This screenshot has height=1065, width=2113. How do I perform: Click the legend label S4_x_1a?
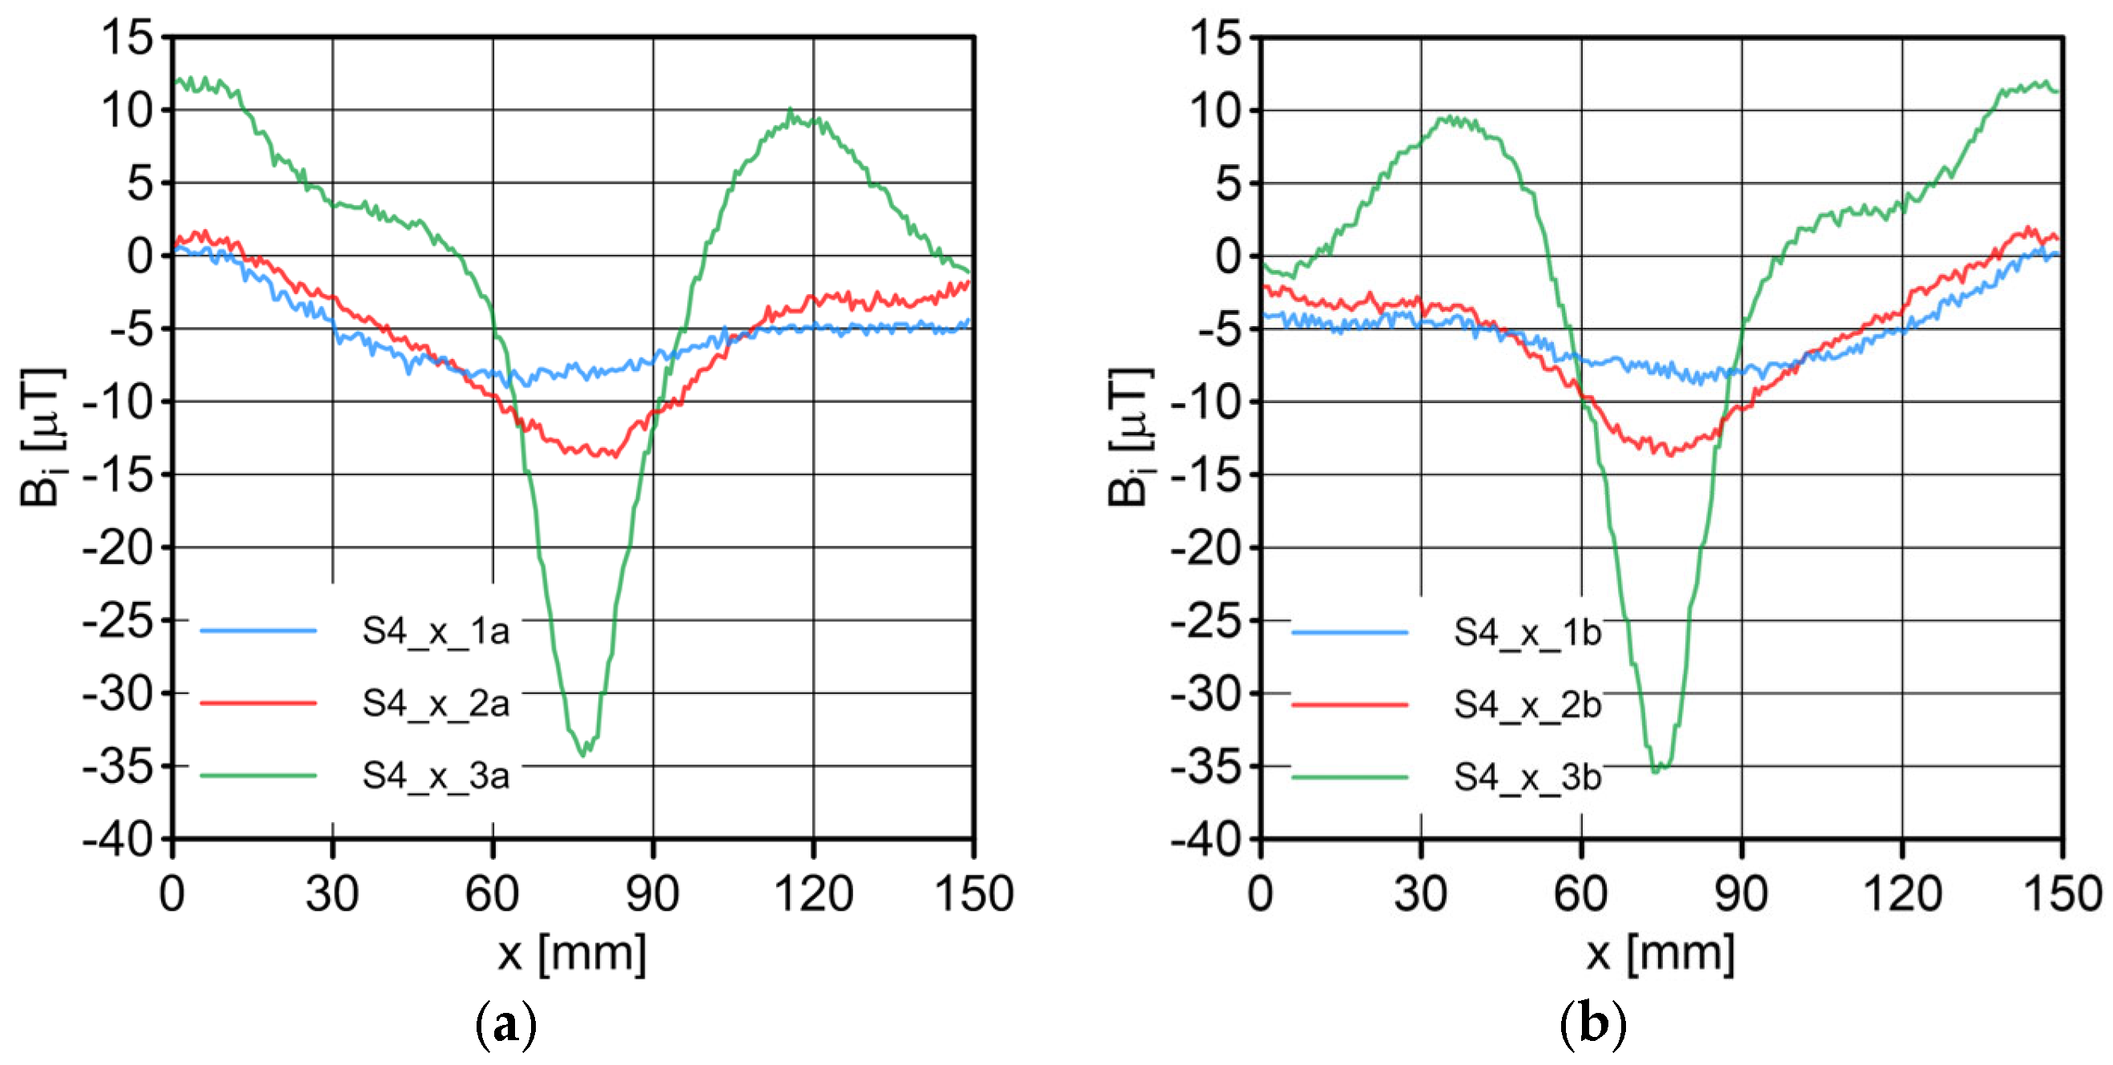(436, 631)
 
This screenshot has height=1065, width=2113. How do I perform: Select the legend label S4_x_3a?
(436, 777)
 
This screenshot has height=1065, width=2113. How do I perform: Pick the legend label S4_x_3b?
(1527, 777)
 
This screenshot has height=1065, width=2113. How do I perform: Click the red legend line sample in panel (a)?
(259, 703)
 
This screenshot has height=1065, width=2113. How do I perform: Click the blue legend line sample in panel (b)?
(1350, 632)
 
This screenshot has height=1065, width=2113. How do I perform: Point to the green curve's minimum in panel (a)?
(583, 754)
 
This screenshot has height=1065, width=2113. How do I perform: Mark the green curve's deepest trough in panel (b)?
(1656, 770)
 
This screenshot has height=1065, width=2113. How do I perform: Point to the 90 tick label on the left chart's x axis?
(653, 894)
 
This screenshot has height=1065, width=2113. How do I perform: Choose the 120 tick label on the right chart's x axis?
(1902, 894)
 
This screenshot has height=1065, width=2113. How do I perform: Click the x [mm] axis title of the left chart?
(572, 954)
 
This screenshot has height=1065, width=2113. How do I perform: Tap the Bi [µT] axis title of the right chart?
(1130, 437)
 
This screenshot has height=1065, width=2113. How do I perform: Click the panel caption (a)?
(506, 1025)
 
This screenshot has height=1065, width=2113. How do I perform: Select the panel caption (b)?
(1592, 1025)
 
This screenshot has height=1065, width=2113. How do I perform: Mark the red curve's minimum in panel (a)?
(614, 454)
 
